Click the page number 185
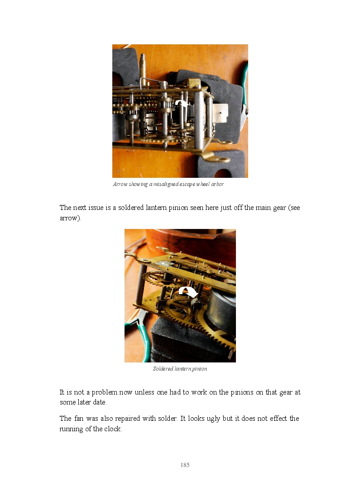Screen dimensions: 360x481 (185, 465)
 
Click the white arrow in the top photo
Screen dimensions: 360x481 (182, 103)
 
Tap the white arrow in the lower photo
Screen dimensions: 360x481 (188, 291)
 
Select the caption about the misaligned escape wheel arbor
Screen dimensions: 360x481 (168, 184)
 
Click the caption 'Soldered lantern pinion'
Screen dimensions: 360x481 (180, 369)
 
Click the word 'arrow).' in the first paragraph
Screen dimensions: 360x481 (70, 218)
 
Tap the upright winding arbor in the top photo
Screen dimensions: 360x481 (142, 66)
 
